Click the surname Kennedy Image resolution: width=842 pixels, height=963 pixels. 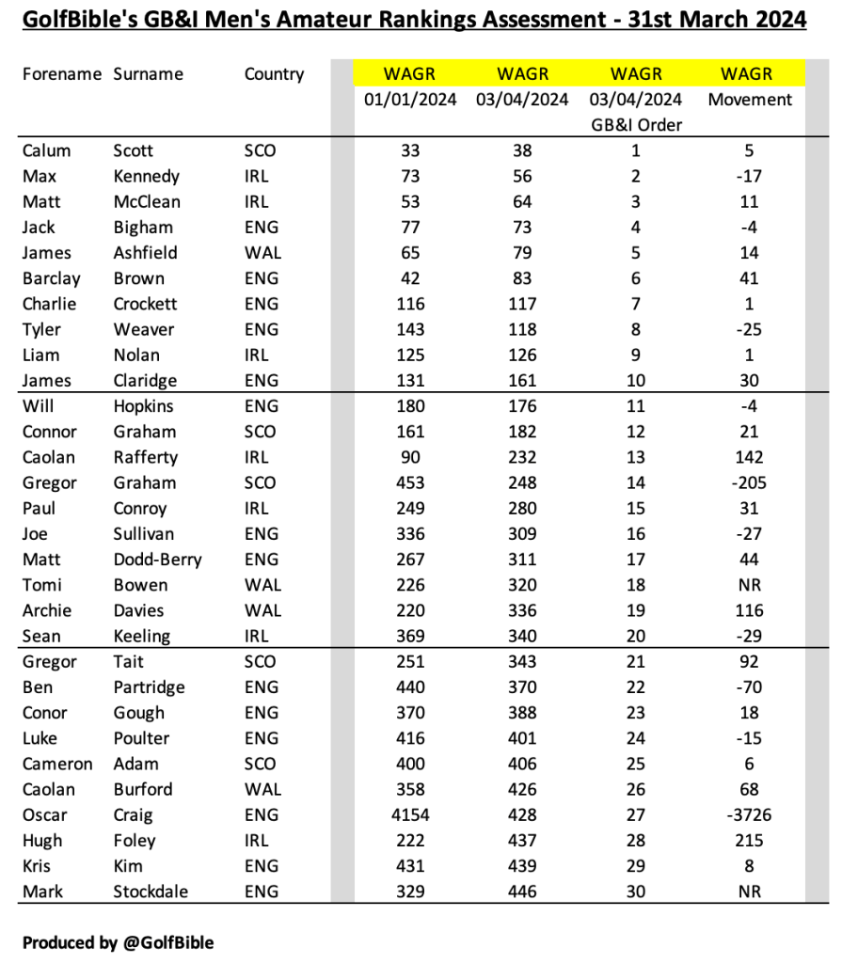coord(146,176)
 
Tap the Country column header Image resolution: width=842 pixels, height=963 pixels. coord(274,74)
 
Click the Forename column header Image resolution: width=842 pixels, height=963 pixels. coord(61,74)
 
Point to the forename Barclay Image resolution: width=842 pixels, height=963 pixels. coord(51,278)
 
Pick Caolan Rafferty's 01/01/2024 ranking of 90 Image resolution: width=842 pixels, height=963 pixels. coord(410,457)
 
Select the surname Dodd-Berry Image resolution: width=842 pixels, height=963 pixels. coord(157,560)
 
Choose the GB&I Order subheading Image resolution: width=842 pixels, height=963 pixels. coord(636,125)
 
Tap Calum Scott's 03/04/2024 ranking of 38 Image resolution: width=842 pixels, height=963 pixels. coord(522,150)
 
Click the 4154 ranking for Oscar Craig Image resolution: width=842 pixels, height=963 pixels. coord(410,815)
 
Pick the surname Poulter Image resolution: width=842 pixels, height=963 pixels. coord(144,738)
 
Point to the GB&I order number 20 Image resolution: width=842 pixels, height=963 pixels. coord(636,636)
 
